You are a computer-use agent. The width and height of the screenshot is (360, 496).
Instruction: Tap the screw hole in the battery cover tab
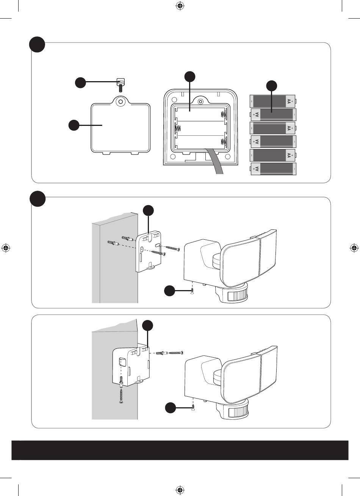point(121,101)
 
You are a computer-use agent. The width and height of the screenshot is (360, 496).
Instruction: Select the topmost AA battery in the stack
point(273,101)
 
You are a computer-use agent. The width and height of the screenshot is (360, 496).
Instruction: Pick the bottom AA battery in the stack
point(273,169)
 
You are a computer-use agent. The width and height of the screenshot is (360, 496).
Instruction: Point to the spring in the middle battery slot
point(177,129)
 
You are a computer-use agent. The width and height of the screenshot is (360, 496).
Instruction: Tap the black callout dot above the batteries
point(272,86)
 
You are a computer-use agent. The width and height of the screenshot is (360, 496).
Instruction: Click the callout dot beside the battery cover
point(74,126)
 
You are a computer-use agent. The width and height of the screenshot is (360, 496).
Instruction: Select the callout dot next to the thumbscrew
point(80,83)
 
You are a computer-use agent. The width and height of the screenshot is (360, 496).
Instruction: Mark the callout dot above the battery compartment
point(190,76)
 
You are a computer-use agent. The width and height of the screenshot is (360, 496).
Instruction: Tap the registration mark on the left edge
point(6,248)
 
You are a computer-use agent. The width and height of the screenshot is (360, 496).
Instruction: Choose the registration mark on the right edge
point(354,248)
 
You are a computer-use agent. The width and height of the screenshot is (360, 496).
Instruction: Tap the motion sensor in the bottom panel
point(236,411)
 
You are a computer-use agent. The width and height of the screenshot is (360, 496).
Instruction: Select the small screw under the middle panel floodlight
point(193,290)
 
